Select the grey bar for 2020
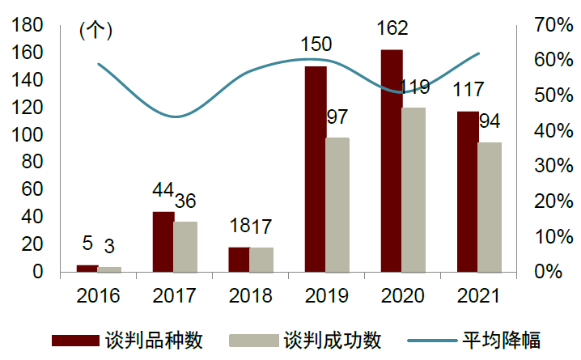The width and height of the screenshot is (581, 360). [x=413, y=189]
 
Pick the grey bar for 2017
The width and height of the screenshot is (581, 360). [x=185, y=246]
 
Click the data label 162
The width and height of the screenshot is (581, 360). [x=392, y=28]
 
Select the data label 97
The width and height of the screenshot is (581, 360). [x=337, y=116]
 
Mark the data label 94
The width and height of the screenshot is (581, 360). [x=490, y=121]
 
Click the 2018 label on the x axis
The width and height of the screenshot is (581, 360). [x=250, y=295]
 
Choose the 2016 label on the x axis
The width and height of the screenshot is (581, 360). [x=99, y=295]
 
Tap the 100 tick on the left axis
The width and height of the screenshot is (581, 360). [x=28, y=134]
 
